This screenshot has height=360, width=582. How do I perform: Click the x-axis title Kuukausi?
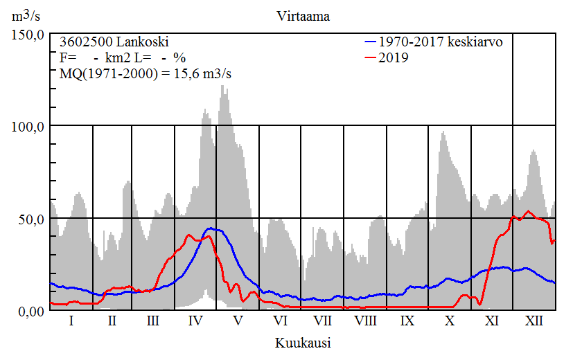coord(302,343)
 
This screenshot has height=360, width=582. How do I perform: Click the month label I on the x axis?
coord(71,321)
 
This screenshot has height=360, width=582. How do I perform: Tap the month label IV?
coord(195,321)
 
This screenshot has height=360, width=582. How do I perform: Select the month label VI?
coord(280,321)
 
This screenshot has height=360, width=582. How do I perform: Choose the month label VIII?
coord(365,321)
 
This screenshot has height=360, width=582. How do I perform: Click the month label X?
coord(450,321)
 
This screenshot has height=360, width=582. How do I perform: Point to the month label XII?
coord(534,321)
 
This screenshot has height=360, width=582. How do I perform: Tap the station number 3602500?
coord(83,42)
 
